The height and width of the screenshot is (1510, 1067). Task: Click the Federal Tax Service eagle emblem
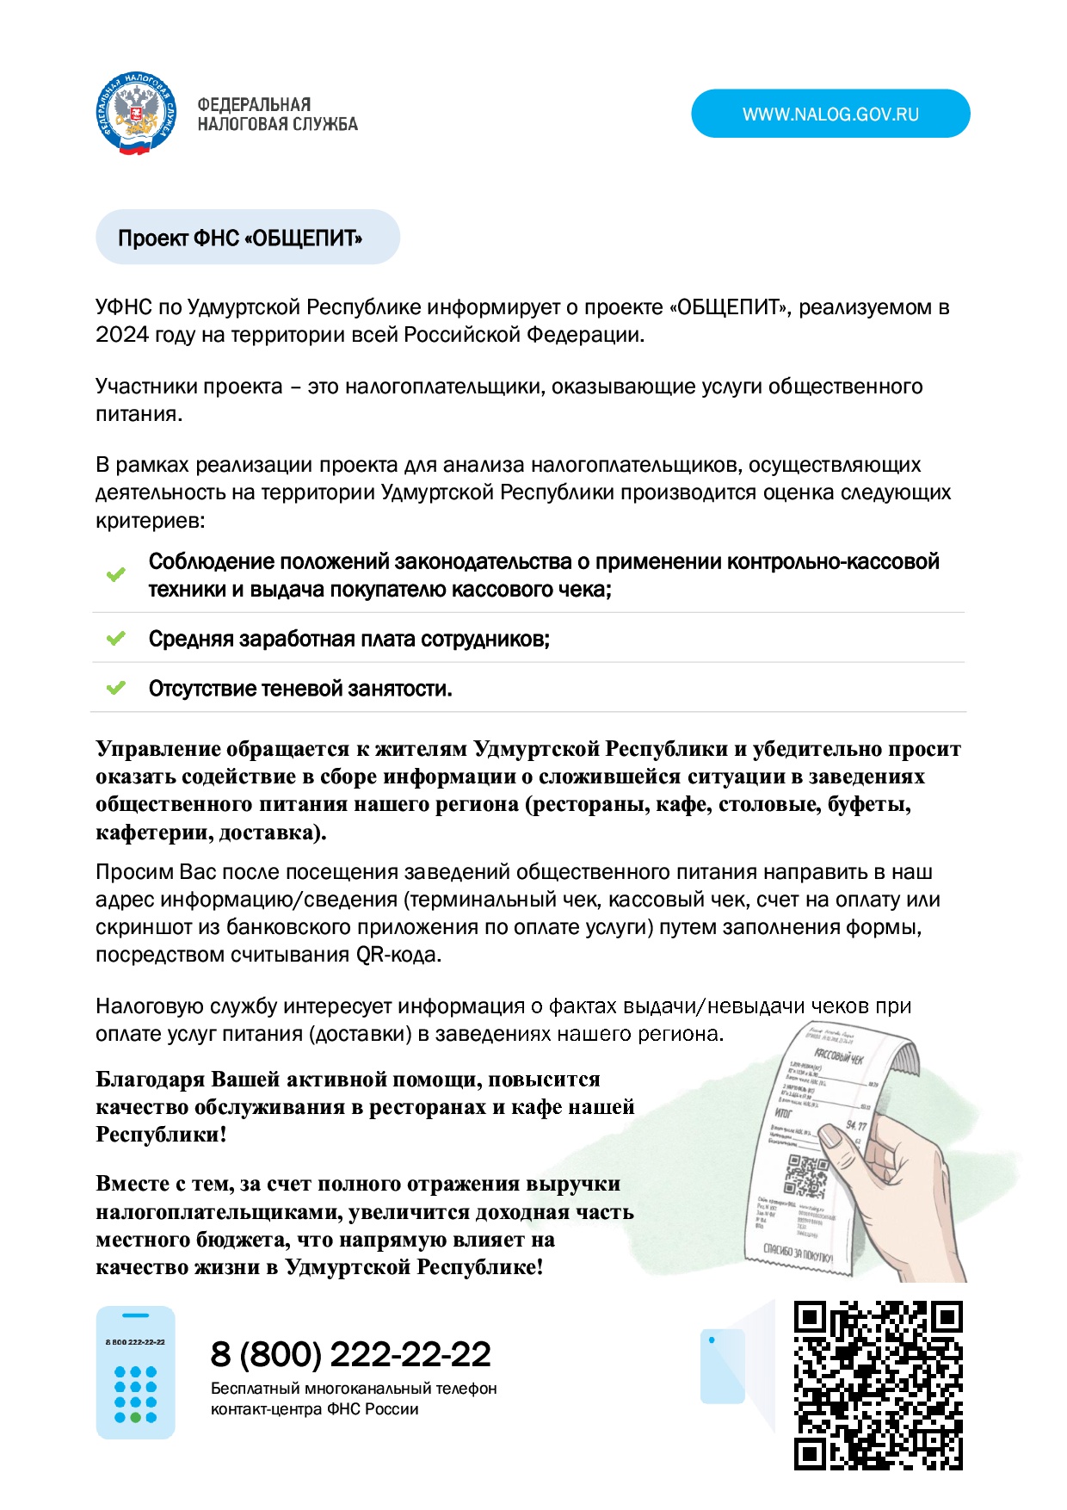click(136, 114)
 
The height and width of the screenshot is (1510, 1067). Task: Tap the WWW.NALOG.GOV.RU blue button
click(830, 114)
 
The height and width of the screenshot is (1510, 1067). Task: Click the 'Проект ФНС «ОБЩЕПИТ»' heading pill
click(247, 238)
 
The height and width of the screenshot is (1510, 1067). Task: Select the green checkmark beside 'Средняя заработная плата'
click(115, 639)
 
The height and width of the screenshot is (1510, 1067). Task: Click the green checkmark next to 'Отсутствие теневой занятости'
click(115, 688)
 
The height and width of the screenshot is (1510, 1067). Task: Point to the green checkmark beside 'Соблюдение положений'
click(115, 574)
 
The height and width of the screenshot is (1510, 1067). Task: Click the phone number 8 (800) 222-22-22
click(350, 1354)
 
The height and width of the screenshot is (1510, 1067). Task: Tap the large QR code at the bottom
click(878, 1385)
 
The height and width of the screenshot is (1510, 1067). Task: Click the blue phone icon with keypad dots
click(135, 1372)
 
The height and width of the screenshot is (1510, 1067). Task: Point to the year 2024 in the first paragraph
click(121, 335)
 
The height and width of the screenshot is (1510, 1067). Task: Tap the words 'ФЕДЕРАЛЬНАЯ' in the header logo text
click(254, 104)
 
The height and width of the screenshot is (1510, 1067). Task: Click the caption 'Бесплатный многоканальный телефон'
click(354, 1389)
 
